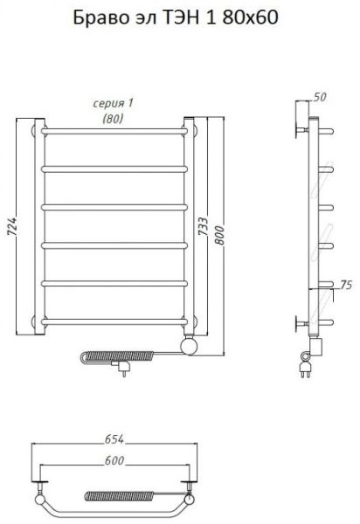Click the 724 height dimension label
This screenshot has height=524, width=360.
pyautogui.click(x=11, y=226)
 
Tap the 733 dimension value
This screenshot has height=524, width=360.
pyautogui.click(x=203, y=226)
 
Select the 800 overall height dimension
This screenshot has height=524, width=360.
pyautogui.click(x=219, y=235)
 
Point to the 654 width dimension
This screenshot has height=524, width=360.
pyautogui.click(x=114, y=439)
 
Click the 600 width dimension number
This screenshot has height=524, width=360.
pyautogui.click(x=114, y=460)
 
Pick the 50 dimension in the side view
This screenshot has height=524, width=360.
pyautogui.click(x=320, y=97)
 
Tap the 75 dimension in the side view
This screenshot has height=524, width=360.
pyautogui.click(x=346, y=285)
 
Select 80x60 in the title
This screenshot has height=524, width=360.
pyautogui.click(x=250, y=17)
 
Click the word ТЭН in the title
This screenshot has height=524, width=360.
pyautogui.click(x=181, y=17)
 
